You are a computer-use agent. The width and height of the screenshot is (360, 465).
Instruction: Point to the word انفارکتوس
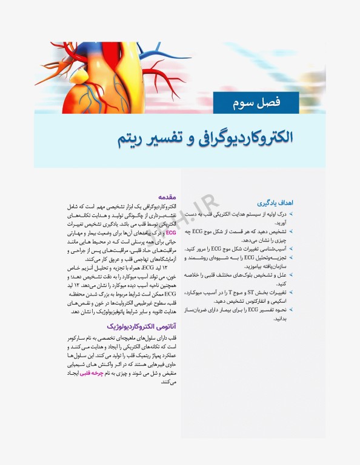(x=229, y=300)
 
